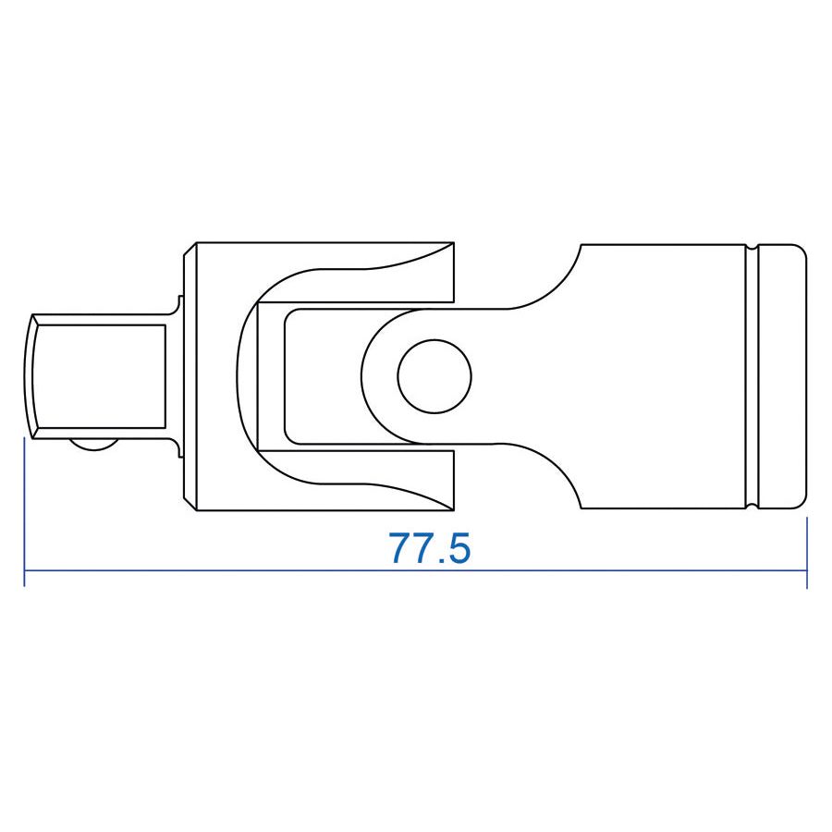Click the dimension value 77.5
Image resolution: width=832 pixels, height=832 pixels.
tap(430, 549)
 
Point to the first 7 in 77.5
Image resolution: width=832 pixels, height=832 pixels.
tap(401, 549)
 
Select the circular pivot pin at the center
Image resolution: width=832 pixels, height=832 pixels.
tap(434, 376)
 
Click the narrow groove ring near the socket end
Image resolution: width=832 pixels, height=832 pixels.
tap(751, 376)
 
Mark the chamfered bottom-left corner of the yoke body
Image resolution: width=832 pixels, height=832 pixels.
tap(190, 503)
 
